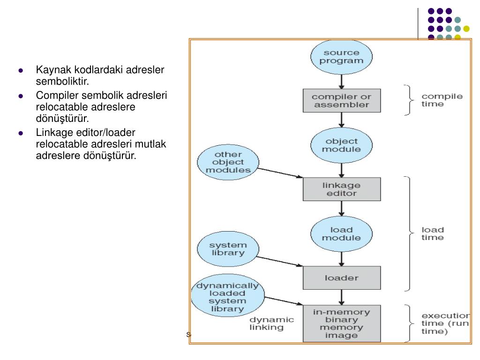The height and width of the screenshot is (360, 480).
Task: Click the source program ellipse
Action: click(342, 56)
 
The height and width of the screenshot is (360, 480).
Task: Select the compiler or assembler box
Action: click(342, 101)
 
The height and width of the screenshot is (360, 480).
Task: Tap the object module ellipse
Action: click(342, 145)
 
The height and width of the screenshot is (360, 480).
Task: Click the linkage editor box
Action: click(342, 188)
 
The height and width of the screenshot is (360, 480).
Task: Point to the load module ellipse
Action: click(342, 233)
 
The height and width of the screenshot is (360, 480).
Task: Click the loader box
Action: click(342, 277)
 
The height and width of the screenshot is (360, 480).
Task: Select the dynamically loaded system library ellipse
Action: click(227, 297)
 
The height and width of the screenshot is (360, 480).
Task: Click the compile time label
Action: click(442, 100)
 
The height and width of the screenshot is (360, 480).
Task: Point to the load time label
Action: click(433, 233)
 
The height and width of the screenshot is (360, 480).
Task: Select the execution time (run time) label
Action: click(445, 323)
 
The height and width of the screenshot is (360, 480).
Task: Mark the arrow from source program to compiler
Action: click(342, 81)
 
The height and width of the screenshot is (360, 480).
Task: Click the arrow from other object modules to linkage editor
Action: click(280, 172)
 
